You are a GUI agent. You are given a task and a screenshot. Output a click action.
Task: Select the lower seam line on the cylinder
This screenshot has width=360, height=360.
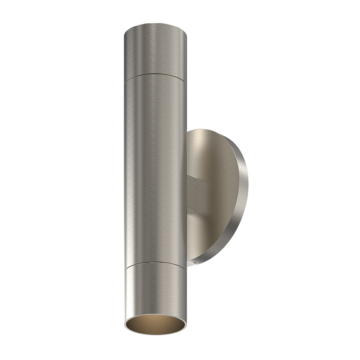pyautogui.click(x=155, y=265)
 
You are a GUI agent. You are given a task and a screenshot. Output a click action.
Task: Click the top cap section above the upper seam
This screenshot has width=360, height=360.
pyautogui.click(x=155, y=50)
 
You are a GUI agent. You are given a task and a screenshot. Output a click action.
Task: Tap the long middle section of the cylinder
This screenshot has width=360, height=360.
pyautogui.click(x=155, y=169)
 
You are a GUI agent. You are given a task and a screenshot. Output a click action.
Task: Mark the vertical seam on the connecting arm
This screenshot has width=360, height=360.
pyautogui.click(x=194, y=193)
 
